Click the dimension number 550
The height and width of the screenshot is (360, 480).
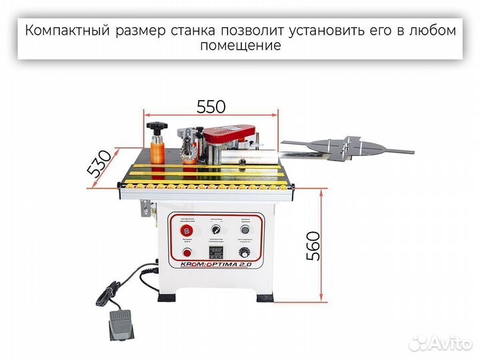[x=211, y=106]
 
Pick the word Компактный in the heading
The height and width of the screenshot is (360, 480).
[x=65, y=31]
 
